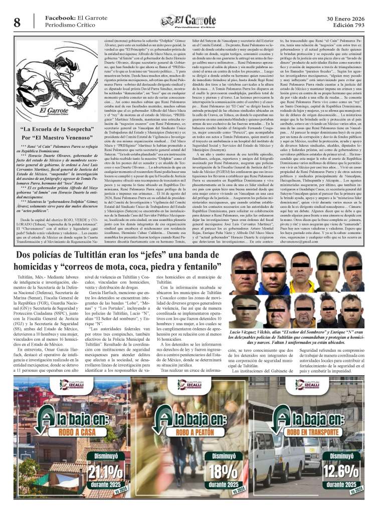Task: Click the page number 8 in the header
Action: pyautogui.click(x=17, y=22)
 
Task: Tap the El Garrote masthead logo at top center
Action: pyautogui.click(x=188, y=21)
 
